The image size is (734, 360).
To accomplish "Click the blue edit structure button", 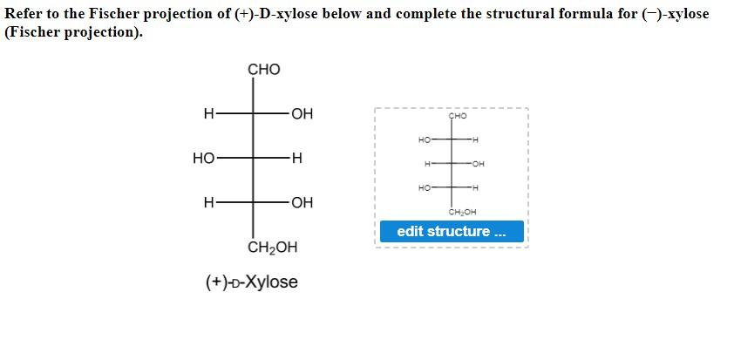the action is (451, 232).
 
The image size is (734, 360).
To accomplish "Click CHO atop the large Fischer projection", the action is (264, 70).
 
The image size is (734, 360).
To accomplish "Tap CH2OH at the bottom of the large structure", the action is (272, 248).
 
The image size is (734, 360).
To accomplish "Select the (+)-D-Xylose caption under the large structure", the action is (252, 282).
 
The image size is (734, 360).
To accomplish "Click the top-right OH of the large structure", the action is (302, 113).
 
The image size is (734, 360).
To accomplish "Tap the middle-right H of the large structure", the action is (296, 159).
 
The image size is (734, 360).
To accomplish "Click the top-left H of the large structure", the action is (207, 113).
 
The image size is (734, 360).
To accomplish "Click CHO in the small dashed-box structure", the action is (458, 116).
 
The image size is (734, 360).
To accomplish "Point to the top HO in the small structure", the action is (425, 139).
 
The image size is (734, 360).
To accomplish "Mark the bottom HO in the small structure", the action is (425, 187).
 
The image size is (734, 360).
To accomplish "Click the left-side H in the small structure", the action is (427, 163).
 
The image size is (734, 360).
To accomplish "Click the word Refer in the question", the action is (24, 14).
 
